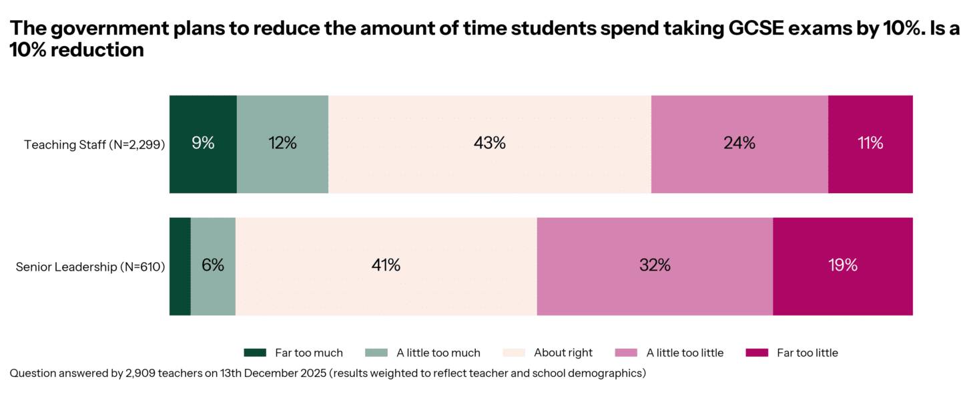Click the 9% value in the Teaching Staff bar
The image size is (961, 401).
(x=203, y=143)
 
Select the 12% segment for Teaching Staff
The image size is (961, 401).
(x=282, y=143)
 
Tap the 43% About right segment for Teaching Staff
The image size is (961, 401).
(x=490, y=143)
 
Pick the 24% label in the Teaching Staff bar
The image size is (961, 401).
(x=739, y=143)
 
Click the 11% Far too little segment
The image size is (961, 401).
(x=870, y=143)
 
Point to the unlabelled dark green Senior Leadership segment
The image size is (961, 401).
(x=180, y=265)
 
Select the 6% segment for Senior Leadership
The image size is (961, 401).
(x=213, y=265)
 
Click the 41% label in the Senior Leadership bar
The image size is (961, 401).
(x=386, y=265)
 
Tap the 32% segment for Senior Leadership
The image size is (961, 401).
(x=655, y=265)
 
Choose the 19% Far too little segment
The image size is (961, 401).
(x=842, y=265)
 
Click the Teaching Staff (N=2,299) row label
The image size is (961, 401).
(x=94, y=144)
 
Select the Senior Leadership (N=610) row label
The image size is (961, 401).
(x=90, y=267)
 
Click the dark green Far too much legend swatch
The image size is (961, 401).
(x=255, y=353)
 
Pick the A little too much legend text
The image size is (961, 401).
(x=438, y=353)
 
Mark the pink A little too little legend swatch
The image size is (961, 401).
(x=625, y=353)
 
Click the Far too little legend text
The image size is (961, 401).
(x=808, y=353)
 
